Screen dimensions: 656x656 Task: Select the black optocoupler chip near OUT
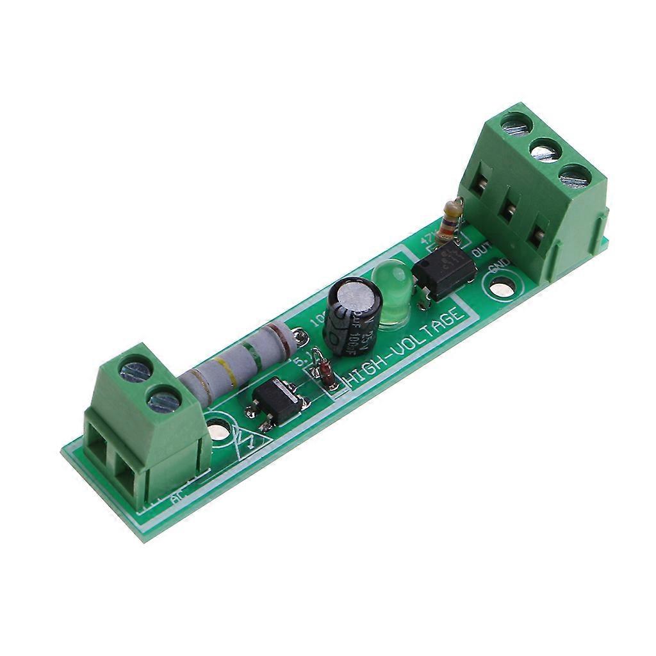tap(444, 269)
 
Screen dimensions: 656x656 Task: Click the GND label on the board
tap(498, 268)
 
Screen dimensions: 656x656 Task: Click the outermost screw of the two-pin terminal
tap(135, 370)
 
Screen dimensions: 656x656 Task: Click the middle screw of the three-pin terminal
tap(546, 151)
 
